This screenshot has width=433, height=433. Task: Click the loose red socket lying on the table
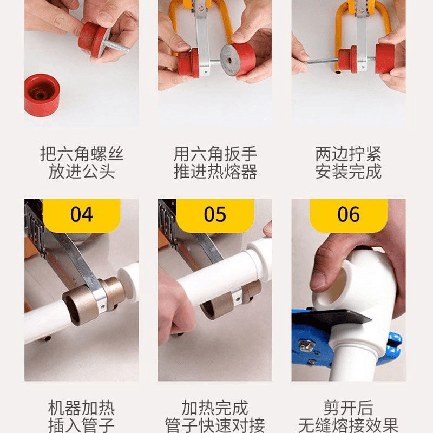42,95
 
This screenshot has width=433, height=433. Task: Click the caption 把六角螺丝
82,154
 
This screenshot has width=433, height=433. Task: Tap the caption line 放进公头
82,172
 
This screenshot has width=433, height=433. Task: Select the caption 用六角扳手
215,154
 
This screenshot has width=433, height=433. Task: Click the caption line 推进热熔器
215,172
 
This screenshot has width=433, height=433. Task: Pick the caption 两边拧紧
349,154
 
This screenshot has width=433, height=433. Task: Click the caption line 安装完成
349,172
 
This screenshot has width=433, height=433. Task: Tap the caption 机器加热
82,408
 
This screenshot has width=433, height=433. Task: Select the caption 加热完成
215,408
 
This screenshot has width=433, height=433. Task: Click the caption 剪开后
349,408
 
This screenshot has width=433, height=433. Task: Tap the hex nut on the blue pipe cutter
305,345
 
